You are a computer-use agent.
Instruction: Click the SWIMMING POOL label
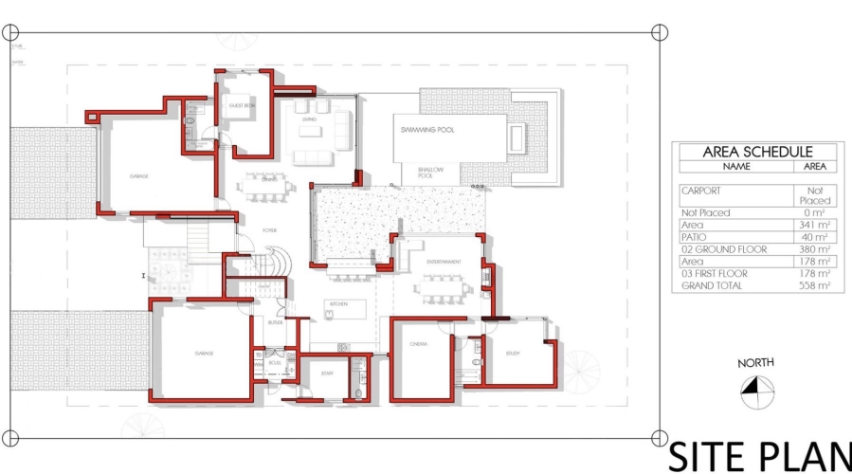[427, 130]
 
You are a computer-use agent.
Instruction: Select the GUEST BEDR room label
[241, 107]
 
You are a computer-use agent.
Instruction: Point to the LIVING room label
[309, 119]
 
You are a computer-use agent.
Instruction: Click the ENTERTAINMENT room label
[443, 262]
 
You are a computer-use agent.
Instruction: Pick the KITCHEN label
[339, 303]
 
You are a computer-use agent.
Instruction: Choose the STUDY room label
[513, 353]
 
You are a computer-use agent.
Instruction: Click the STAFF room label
[327, 374]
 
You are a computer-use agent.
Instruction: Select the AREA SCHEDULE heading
[756, 152]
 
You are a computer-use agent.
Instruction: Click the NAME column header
[735, 166]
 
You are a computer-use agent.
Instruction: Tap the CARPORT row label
[701, 191]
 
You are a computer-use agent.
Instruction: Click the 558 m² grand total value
[814, 285]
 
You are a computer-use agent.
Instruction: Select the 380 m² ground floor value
[814, 249]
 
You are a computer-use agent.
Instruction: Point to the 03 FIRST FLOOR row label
[715, 274]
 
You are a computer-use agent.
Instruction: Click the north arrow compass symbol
[756, 390]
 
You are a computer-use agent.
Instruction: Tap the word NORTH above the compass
[755, 362]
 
